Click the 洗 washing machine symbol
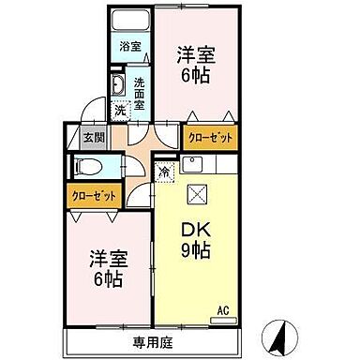coord(119,110)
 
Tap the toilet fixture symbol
coord(88,167)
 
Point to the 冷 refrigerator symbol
coord(165,172)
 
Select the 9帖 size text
coord(195,253)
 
